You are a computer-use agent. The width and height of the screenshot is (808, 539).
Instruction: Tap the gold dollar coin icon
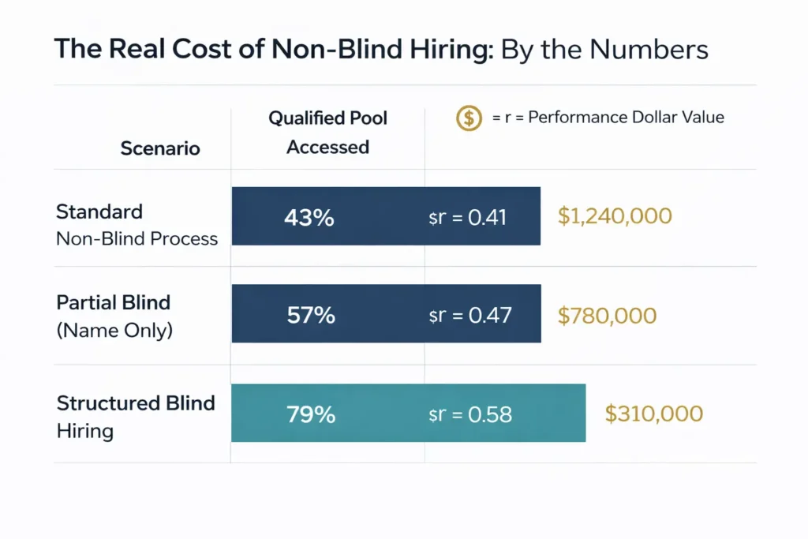tap(469, 118)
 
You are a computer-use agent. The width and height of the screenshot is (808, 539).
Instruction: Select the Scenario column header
tap(160, 148)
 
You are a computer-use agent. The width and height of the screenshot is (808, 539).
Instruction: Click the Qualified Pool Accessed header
tap(328, 133)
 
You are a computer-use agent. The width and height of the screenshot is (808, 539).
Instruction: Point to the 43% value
tap(309, 217)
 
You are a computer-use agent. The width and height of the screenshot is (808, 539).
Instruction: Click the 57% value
tap(309, 315)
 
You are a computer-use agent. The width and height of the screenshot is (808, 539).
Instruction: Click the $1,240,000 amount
tap(615, 216)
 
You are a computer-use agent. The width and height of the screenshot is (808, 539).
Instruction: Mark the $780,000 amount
tap(607, 316)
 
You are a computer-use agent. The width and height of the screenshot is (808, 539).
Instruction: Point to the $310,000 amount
tap(654, 414)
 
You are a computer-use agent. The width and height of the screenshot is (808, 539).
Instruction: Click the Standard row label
tap(99, 211)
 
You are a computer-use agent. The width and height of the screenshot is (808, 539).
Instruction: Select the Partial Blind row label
tap(114, 303)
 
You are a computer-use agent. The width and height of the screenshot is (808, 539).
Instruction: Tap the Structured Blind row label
tap(136, 403)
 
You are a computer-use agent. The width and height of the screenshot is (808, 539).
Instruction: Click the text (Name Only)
tap(114, 330)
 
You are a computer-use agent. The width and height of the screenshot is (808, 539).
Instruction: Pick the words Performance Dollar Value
tap(626, 118)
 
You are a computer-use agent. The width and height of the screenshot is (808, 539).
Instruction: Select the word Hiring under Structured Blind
tap(85, 431)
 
